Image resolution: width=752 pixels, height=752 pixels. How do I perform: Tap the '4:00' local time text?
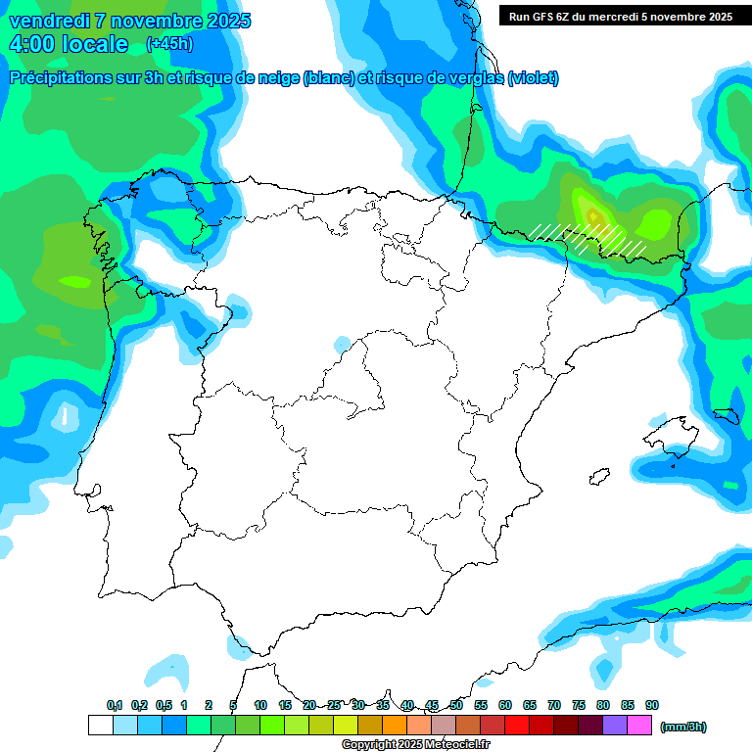[33, 44]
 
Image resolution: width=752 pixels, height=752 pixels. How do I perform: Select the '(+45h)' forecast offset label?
[169, 44]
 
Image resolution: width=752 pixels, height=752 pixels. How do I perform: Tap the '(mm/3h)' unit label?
[682, 727]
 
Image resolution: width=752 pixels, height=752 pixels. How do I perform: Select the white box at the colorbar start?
[100, 726]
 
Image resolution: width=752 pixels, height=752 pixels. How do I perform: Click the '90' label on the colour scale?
[652, 705]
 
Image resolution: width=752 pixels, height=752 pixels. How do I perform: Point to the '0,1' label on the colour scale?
[115, 705]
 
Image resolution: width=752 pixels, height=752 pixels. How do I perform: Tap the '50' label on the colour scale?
[456, 705]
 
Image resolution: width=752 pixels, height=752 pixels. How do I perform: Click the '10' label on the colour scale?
[260, 705]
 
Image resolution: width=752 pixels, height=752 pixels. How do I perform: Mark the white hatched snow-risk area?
[587, 236]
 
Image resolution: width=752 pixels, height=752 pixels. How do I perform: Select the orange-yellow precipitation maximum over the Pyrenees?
[590, 211]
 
